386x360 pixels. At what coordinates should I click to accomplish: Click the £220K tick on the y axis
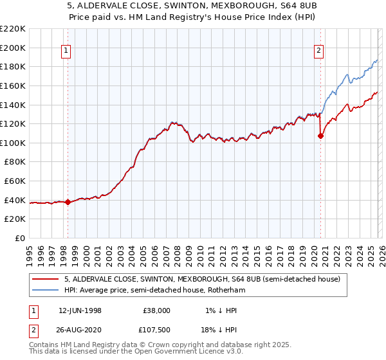pos(13,29)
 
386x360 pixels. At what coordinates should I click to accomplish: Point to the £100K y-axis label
pos(13,143)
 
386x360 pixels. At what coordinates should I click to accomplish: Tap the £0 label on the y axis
pos(20,238)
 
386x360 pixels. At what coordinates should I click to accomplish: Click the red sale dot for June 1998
pos(68,202)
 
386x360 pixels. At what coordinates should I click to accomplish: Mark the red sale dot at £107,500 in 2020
pos(320,136)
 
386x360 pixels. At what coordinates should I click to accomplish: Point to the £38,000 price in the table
pos(157,310)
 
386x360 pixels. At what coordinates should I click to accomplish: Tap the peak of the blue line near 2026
pos(377,60)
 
